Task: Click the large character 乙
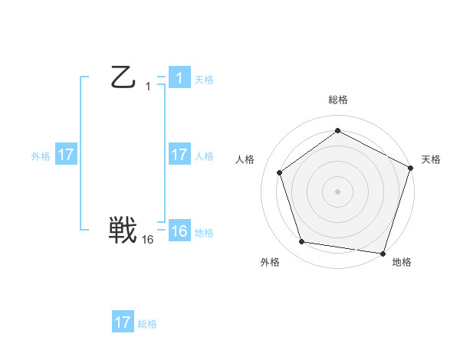pyautogui.click(x=123, y=77)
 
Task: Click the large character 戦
pyautogui.click(x=123, y=231)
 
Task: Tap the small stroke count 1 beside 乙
pyautogui.click(x=148, y=87)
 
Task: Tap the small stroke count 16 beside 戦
pyautogui.click(x=148, y=240)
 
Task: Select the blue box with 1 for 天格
pyautogui.click(x=179, y=77)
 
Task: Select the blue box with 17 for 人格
pyautogui.click(x=179, y=155)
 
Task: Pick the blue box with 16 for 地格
pyautogui.click(x=179, y=231)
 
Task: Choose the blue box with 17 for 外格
pyautogui.click(x=65, y=155)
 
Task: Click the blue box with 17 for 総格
pyautogui.click(x=123, y=322)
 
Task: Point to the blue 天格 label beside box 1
pyautogui.click(x=204, y=80)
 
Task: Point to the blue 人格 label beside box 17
pyautogui.click(x=204, y=156)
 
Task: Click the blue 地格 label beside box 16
pyautogui.click(x=204, y=233)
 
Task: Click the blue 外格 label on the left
pyautogui.click(x=41, y=156)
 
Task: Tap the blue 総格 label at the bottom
pyautogui.click(x=147, y=324)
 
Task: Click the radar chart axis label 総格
pyautogui.click(x=337, y=100)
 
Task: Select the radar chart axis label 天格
pyautogui.click(x=431, y=159)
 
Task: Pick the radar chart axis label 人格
pyautogui.click(x=245, y=159)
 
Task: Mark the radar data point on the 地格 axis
pyautogui.click(x=383, y=253)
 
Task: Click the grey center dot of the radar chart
pyautogui.click(x=337, y=191)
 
